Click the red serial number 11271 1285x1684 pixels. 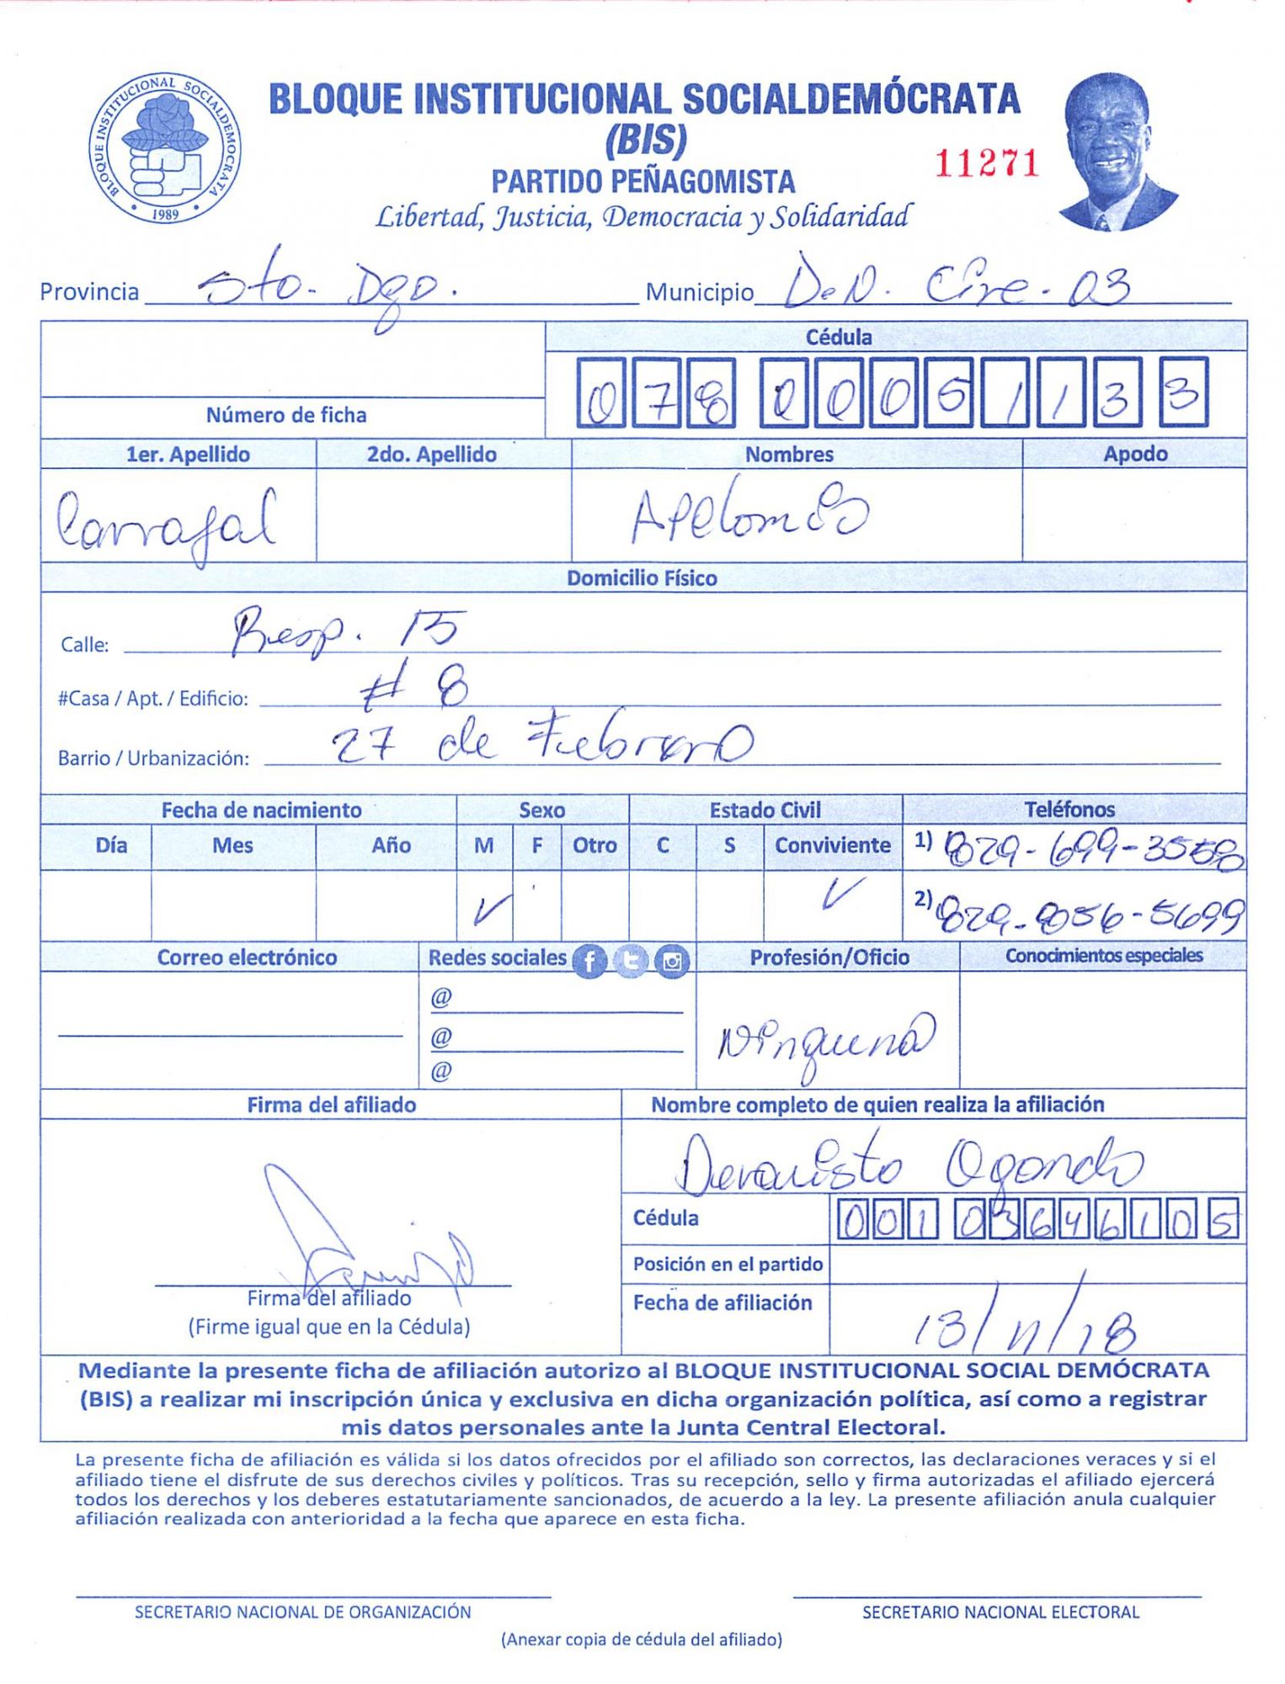(987, 163)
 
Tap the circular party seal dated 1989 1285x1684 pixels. (165, 148)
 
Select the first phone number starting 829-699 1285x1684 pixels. (1093, 850)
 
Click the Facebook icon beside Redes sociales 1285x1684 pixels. (589, 961)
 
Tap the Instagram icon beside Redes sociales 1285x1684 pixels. (671, 961)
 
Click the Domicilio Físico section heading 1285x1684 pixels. (642, 578)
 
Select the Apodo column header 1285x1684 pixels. (1134, 454)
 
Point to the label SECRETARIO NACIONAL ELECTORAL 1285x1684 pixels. (1000, 1612)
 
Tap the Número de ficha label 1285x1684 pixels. (286, 415)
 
